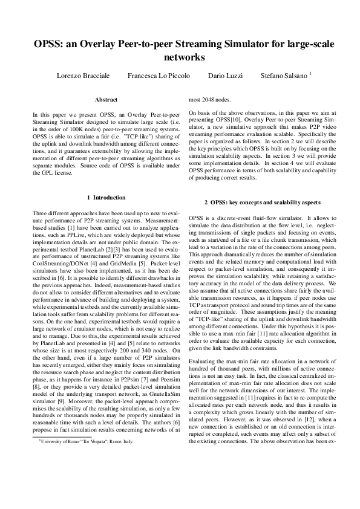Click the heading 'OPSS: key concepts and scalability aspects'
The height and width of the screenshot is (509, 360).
[262, 201]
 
